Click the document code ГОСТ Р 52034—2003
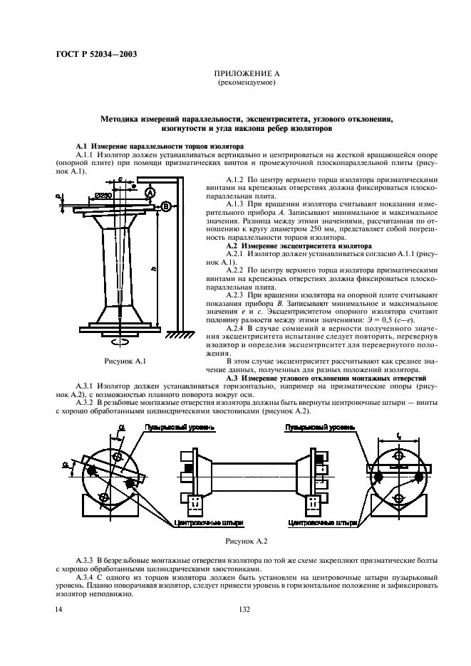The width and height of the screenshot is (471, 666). click(x=96, y=55)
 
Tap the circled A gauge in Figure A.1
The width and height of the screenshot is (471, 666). click(x=149, y=193)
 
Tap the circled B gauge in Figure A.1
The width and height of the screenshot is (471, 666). click(x=165, y=207)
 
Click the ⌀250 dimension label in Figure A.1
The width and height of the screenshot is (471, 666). click(x=104, y=195)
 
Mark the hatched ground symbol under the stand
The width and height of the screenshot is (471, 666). click(x=185, y=332)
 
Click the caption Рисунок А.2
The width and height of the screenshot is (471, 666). click(x=246, y=541)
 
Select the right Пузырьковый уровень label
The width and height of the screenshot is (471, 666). click(x=316, y=428)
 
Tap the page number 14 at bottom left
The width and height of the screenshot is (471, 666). click(x=60, y=609)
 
